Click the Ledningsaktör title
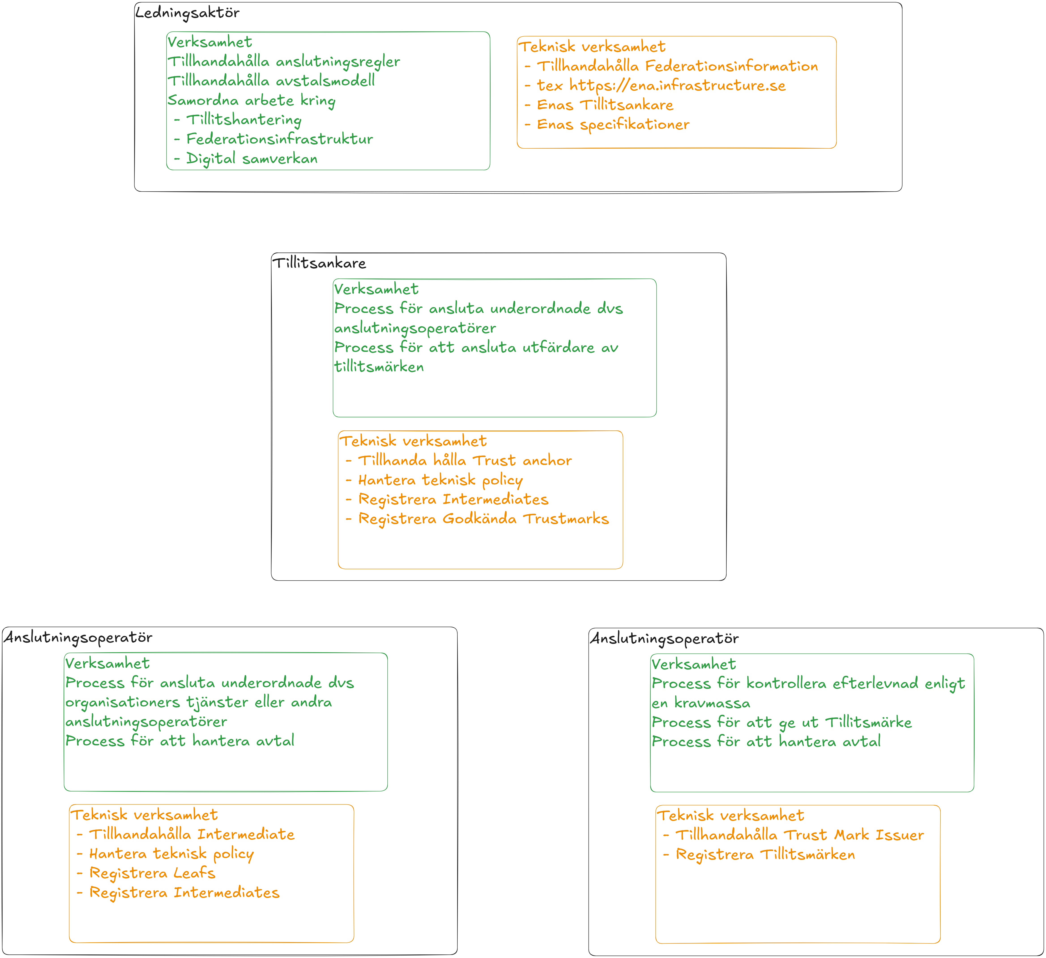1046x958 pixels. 187,13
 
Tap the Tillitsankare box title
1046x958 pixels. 319,263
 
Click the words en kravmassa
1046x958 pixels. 701,703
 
